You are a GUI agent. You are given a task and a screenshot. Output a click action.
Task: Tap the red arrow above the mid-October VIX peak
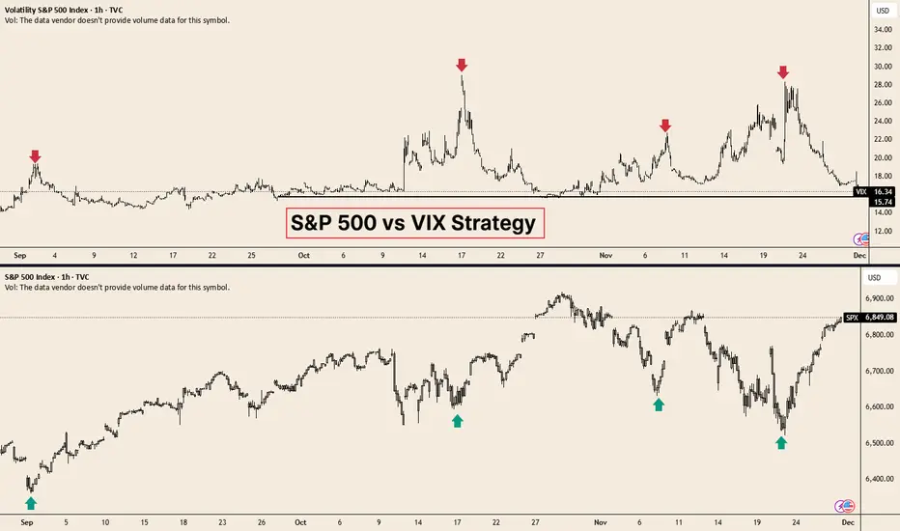point(462,65)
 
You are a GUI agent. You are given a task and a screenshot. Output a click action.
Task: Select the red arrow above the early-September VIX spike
point(36,155)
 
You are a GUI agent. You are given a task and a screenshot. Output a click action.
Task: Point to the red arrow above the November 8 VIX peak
point(665,126)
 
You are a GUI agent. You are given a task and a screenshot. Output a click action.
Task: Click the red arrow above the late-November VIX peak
point(783,72)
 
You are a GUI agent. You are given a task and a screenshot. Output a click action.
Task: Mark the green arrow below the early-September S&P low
point(31,502)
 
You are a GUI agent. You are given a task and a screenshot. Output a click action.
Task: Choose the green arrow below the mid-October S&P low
point(458,420)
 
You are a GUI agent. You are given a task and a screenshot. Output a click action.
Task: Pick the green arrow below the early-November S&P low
point(659,405)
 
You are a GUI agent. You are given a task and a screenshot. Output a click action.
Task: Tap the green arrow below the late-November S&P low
point(781,442)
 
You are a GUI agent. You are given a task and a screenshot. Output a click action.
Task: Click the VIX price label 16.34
point(880,192)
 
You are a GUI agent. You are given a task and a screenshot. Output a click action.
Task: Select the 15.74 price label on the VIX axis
point(880,202)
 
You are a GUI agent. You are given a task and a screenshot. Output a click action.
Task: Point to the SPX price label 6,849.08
point(877,317)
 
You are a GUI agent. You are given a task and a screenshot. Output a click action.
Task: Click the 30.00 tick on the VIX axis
point(880,67)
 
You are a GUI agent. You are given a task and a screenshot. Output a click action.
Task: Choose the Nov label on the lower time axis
point(605,520)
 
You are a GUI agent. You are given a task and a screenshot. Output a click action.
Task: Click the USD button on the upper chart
point(880,11)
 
